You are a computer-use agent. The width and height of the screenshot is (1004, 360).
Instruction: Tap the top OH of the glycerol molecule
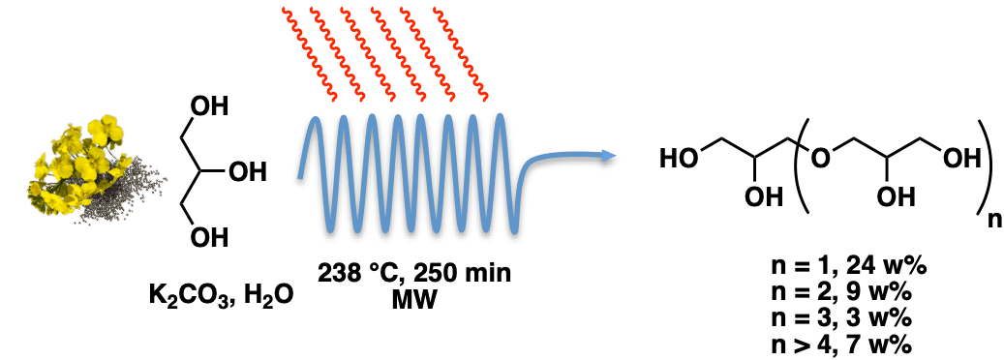(210, 106)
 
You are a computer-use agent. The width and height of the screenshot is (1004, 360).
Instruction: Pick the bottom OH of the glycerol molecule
(210, 238)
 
